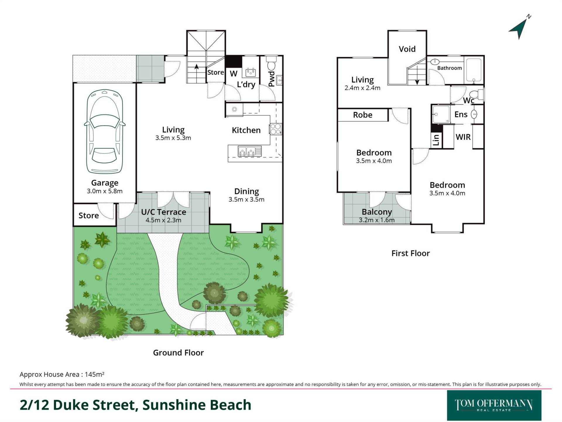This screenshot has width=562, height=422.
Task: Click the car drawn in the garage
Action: pos(104,131)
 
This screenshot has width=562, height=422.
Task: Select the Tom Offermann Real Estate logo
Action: pos(494,405)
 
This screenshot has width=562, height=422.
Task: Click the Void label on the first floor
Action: pos(407,49)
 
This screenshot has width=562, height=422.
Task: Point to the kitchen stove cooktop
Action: pos(275,129)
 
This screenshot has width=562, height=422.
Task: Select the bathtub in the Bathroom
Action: pos(473,70)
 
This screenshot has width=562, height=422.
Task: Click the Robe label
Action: pos(363,115)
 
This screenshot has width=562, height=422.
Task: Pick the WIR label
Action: pos(463,137)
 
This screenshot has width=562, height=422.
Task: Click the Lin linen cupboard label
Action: pos(436,140)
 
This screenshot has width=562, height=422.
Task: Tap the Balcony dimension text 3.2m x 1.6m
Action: pos(377,220)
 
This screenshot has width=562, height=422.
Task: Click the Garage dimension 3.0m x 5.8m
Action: pos(104,191)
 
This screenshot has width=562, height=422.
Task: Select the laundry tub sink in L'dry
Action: pos(251,72)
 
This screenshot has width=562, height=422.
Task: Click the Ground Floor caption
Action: pos(178,353)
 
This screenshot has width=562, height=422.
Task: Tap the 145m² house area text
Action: pos(95,374)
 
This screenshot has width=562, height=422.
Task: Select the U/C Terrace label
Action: pos(164,212)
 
